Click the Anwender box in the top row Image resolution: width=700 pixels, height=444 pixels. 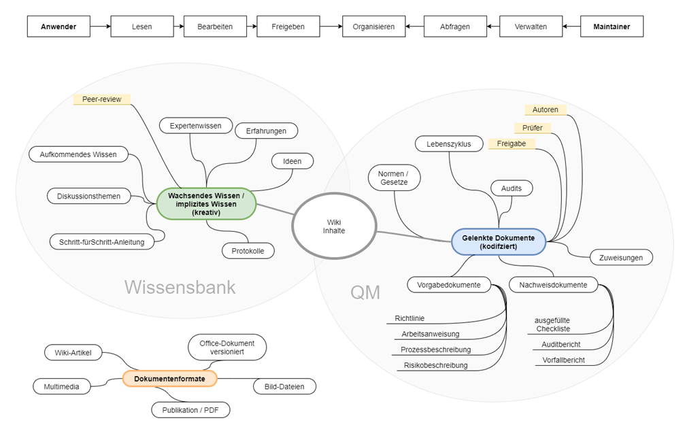(x=59, y=27)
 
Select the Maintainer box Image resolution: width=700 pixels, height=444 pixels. (x=612, y=27)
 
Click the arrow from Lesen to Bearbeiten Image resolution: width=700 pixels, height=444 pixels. (x=173, y=27)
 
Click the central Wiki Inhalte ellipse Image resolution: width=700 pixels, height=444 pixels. (x=333, y=226)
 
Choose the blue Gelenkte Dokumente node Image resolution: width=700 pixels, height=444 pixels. (x=499, y=241)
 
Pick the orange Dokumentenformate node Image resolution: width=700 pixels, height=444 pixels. (x=169, y=378)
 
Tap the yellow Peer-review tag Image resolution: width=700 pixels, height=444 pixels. (x=101, y=99)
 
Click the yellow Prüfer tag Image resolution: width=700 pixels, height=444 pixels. (x=533, y=127)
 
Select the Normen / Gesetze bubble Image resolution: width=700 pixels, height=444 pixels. (x=395, y=178)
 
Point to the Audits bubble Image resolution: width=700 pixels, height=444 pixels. (x=512, y=188)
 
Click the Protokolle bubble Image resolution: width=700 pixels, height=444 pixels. (x=248, y=251)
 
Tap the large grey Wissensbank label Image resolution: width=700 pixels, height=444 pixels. (x=180, y=287)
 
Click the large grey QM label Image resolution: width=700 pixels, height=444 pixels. (x=365, y=293)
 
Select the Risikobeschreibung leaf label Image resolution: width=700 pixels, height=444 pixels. (x=435, y=365)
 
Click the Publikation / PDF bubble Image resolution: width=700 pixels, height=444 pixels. (x=190, y=410)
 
